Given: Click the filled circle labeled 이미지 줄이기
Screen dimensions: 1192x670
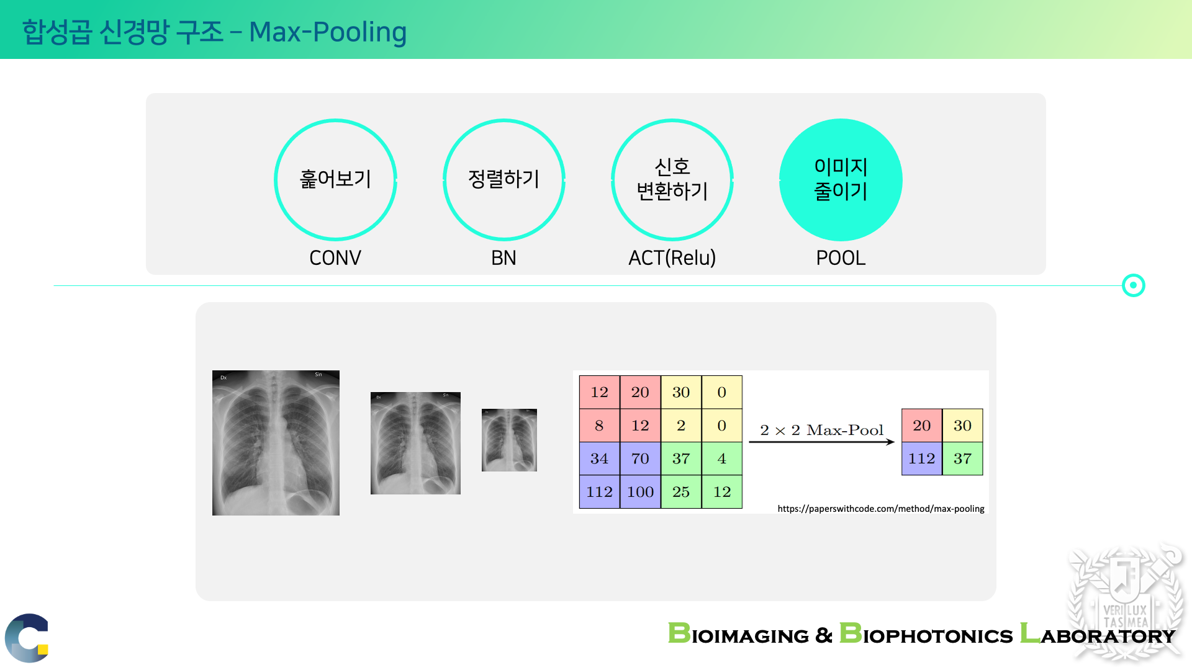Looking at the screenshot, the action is (x=841, y=180).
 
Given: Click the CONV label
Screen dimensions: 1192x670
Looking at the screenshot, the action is (x=335, y=257).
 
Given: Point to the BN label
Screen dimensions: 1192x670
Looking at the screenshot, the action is (x=503, y=257).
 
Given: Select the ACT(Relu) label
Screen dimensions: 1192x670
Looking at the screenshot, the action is (x=672, y=257).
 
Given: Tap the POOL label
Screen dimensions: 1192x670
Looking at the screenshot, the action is (x=841, y=257).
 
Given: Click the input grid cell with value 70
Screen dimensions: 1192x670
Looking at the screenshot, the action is (x=640, y=458).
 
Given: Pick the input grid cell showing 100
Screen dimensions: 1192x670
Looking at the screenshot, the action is (x=640, y=492).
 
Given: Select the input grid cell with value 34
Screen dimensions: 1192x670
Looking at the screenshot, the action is (x=599, y=458).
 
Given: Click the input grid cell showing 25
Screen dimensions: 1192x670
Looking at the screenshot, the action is (x=681, y=492).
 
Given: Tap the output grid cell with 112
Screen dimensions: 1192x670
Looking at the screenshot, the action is (x=921, y=458).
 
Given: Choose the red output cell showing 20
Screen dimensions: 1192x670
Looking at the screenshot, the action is (x=921, y=425).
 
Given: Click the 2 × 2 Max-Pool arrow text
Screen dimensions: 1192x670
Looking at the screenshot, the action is (x=821, y=430).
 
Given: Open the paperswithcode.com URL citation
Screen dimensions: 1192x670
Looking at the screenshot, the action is (x=881, y=509).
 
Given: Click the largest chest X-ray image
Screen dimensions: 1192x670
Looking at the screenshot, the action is (x=276, y=443).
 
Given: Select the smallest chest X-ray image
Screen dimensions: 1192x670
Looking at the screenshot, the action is (x=509, y=440).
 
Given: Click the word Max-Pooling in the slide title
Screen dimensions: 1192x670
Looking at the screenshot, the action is (x=328, y=32).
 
